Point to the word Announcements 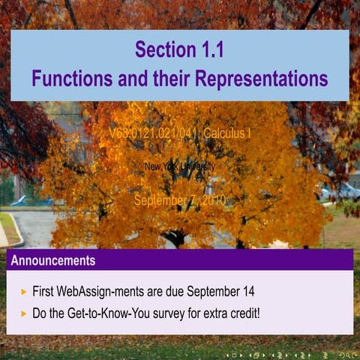pyautogui.click(x=52, y=261)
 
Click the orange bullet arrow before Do pyautogui.click(x=24, y=312)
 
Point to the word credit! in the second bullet pyautogui.click(x=242, y=312)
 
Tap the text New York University pyautogui.click(x=179, y=166)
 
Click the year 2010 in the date pyautogui.click(x=213, y=200)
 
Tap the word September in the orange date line pyautogui.click(x=162, y=200)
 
